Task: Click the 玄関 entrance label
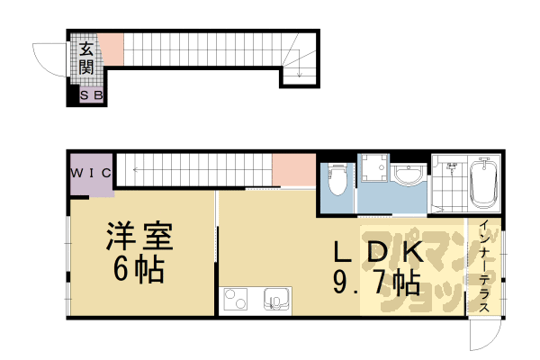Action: [86, 58]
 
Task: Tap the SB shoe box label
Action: [92, 95]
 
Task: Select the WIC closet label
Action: [92, 171]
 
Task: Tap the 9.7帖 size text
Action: [375, 283]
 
